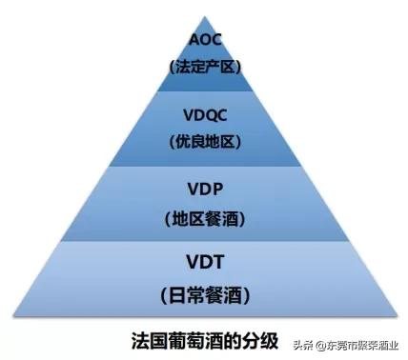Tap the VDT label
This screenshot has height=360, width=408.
coord(205,261)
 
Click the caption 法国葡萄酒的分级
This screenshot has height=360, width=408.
coord(196,338)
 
